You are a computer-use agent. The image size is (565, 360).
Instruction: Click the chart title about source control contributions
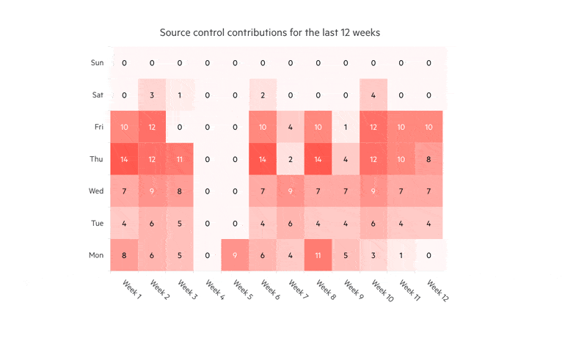[269, 33]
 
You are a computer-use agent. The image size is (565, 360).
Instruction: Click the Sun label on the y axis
[97, 63]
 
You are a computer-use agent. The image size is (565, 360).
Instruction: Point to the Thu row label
[98, 159]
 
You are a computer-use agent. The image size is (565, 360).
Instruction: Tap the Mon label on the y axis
[97, 255]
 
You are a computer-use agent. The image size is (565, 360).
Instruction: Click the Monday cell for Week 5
[235, 255]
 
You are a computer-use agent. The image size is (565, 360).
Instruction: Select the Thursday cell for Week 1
[124, 159]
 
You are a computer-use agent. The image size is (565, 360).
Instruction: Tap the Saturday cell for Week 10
[373, 95]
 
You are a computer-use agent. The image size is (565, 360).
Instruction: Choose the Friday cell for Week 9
[346, 127]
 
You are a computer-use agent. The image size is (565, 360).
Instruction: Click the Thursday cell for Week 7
[291, 159]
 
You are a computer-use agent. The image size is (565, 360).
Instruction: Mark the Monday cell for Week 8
[318, 255]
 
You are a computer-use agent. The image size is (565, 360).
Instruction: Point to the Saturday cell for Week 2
[152, 95]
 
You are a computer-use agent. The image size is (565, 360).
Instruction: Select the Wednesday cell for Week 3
[180, 191]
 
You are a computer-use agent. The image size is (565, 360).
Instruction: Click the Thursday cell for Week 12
[429, 159]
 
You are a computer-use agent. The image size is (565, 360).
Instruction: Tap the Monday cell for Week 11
[401, 255]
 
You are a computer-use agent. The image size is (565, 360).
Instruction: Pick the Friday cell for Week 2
[152, 127]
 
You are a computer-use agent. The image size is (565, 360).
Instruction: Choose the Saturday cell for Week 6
[263, 95]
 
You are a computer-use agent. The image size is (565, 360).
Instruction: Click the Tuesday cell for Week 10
[373, 223]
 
